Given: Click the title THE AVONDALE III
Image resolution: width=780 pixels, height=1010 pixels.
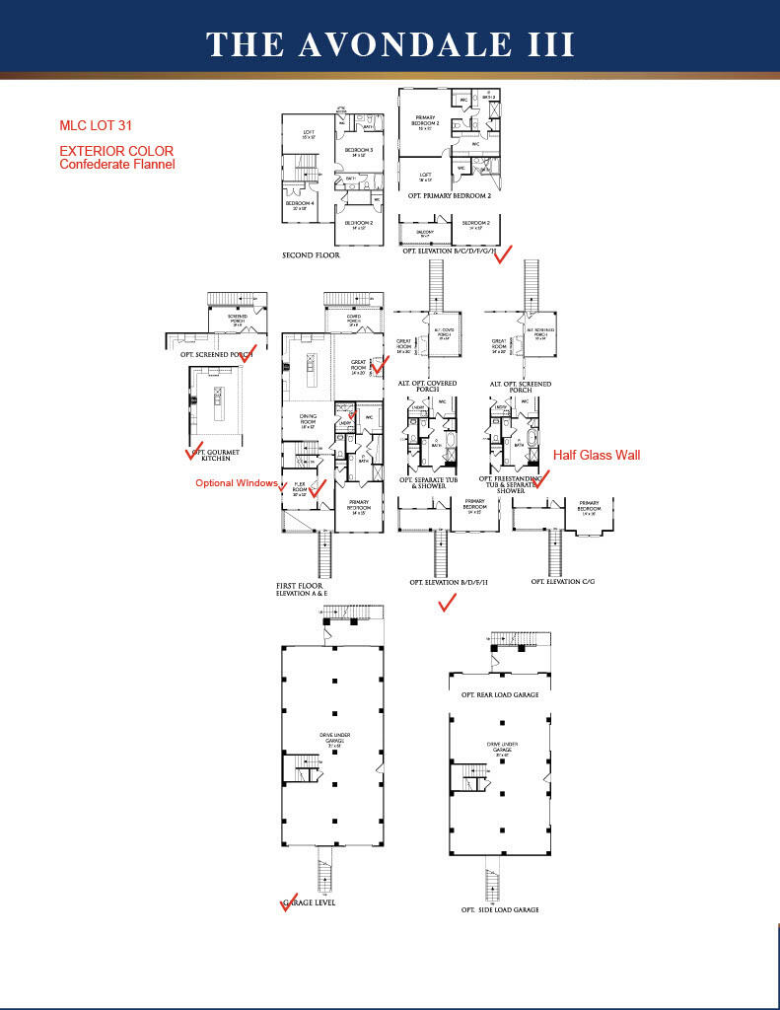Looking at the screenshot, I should pyautogui.click(x=390, y=44).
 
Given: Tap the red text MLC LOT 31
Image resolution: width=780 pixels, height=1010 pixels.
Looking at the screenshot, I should pyautogui.click(x=96, y=126).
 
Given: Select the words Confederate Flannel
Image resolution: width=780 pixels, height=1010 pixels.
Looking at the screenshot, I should pyautogui.click(x=117, y=165).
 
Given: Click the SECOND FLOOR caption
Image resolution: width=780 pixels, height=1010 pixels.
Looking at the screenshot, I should pyautogui.click(x=311, y=255).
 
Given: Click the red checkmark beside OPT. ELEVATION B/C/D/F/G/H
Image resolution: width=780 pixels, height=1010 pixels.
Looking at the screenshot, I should pyautogui.click(x=503, y=254).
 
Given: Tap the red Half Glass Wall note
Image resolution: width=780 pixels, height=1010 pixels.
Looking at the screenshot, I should pyautogui.click(x=596, y=455).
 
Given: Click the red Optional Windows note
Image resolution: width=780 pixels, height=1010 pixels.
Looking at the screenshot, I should pyautogui.click(x=236, y=483).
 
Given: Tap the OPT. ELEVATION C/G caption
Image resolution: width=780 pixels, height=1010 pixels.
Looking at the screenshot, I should pyautogui.click(x=562, y=582).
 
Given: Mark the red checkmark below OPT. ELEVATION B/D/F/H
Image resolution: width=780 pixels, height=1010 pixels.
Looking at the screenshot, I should pyautogui.click(x=447, y=602).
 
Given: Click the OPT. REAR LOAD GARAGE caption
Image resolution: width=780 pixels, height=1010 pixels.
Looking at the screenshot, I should pyautogui.click(x=499, y=694).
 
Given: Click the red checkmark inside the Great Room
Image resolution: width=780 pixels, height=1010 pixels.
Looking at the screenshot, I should pyautogui.click(x=380, y=367).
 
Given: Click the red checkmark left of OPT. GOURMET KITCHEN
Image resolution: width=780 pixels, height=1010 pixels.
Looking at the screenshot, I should pyautogui.click(x=194, y=451).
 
